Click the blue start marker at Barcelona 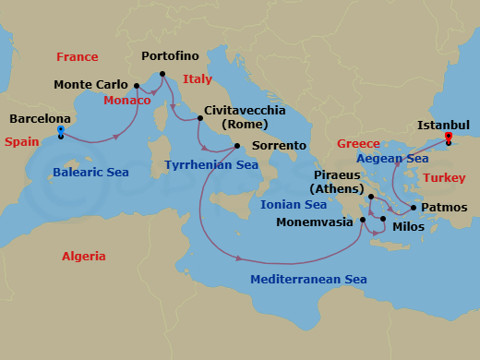point(60,130)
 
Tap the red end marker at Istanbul point(449,138)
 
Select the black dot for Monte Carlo point(137,86)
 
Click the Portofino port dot point(162,74)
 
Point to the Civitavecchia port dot point(199,117)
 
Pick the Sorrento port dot point(237,146)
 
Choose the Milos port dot point(383,219)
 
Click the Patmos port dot point(414,208)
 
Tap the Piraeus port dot point(371,197)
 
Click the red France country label point(77,57)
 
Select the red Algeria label point(83,257)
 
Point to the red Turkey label point(444,176)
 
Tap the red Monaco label point(127,101)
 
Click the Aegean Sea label point(392,159)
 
